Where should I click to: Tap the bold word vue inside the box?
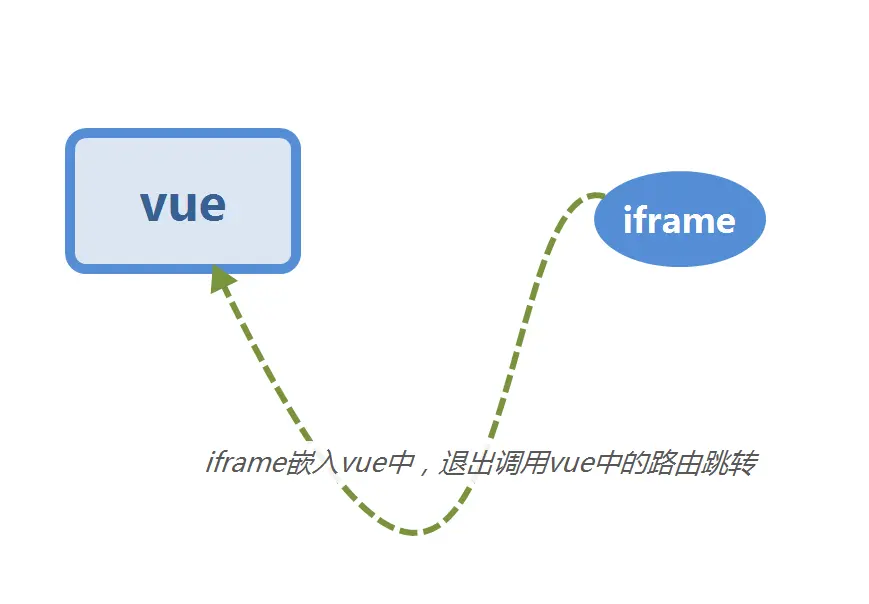point(183,204)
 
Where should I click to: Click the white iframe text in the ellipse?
point(679,220)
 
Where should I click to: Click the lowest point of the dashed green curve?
point(418,531)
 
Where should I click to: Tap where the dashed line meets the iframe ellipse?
point(598,196)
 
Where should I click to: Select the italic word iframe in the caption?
point(244,464)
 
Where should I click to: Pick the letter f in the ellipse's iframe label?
point(643,219)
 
